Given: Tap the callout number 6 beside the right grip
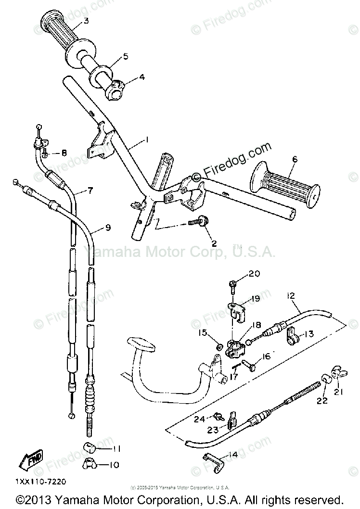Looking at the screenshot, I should point(295,160).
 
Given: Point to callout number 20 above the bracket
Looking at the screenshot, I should point(254,274).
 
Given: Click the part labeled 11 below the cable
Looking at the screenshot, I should point(88,448).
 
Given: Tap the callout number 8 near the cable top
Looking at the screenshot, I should point(64,153).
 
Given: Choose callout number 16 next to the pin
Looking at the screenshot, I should point(265,356).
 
